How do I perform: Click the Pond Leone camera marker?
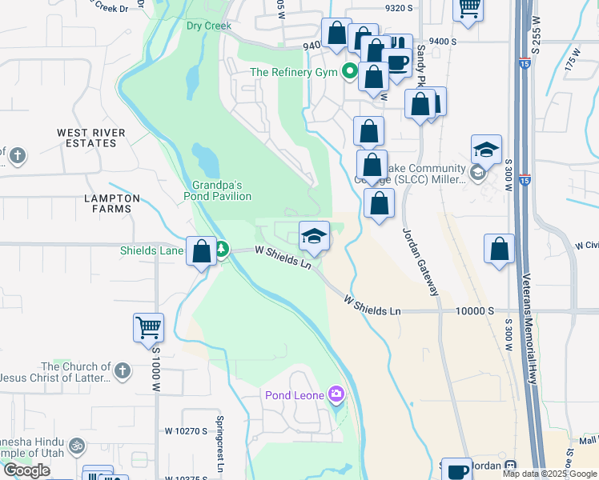point(336,394)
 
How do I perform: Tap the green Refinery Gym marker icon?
point(349,72)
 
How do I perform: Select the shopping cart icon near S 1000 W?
point(148,327)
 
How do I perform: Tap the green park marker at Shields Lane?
point(222,250)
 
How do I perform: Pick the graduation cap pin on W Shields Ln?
point(314,236)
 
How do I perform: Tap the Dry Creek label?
point(208,26)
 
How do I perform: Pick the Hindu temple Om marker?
point(76,446)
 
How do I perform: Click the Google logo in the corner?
point(26,470)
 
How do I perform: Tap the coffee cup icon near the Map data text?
point(458,470)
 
